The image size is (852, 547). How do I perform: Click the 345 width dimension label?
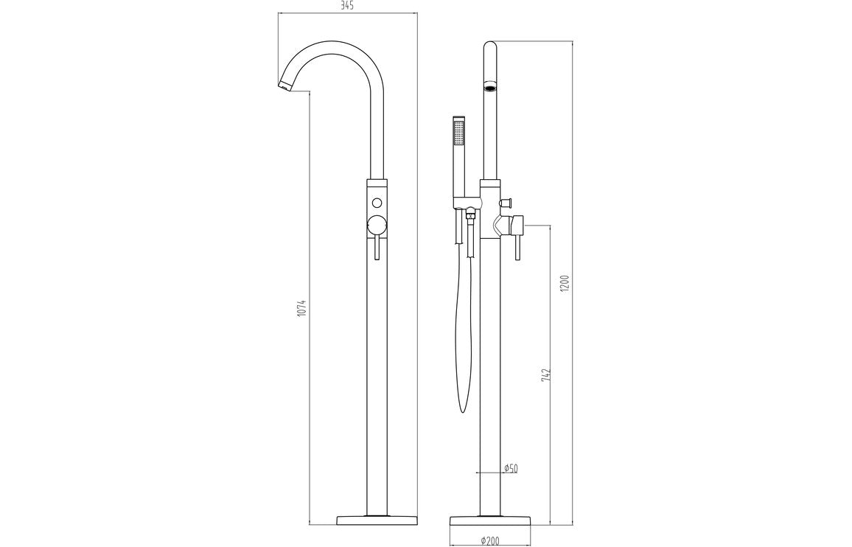pyautogui.click(x=348, y=7)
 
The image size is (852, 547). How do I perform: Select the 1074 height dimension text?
pyautogui.click(x=302, y=307)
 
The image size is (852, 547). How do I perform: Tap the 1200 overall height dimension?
pyautogui.click(x=565, y=283)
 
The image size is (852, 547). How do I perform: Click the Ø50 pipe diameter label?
pyautogui.click(x=510, y=468)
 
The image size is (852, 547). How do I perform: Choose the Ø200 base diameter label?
pyautogui.click(x=490, y=540)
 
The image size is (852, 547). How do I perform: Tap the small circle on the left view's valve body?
pyautogui.click(x=377, y=203)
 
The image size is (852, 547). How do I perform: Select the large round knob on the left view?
pyautogui.click(x=377, y=226)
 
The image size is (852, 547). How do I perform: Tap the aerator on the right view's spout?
pyautogui.click(x=490, y=89)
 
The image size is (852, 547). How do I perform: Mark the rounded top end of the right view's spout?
pyautogui.click(x=490, y=49)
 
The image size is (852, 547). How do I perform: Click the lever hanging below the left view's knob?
pyautogui.click(x=377, y=248)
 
